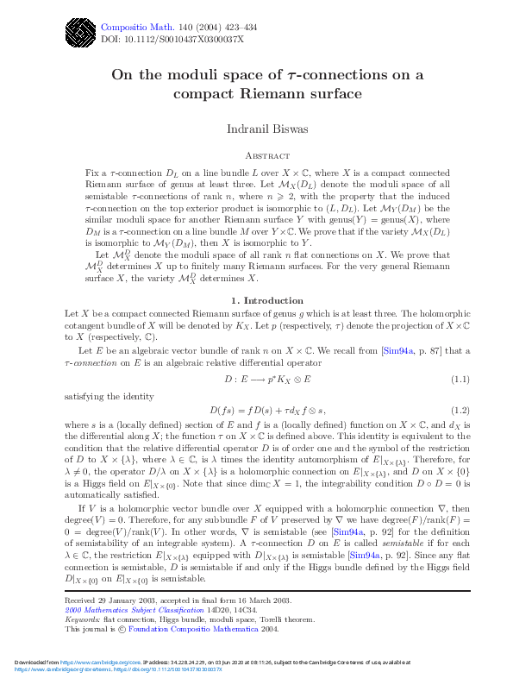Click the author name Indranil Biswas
[266, 129]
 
